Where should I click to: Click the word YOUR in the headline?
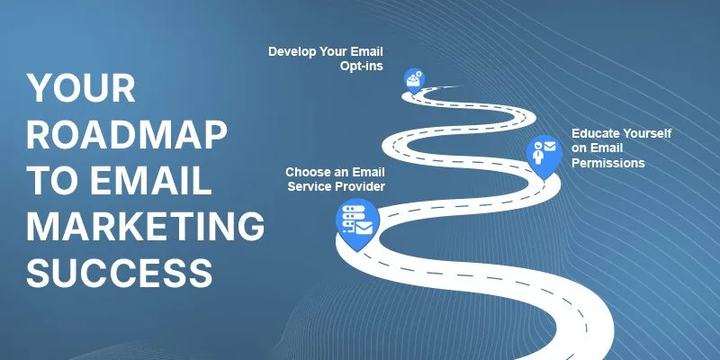click(81, 87)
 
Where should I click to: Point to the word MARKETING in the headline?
click(145, 226)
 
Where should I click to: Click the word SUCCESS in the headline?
click(120, 272)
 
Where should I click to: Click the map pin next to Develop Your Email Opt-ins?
click(414, 80)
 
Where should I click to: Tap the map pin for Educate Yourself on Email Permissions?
click(544, 155)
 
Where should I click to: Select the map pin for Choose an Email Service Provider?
click(357, 222)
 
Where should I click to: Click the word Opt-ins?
click(362, 66)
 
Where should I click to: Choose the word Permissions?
click(608, 163)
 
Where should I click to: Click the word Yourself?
click(646, 133)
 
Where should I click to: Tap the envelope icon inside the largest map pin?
click(364, 228)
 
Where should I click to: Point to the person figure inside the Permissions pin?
click(538, 152)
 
